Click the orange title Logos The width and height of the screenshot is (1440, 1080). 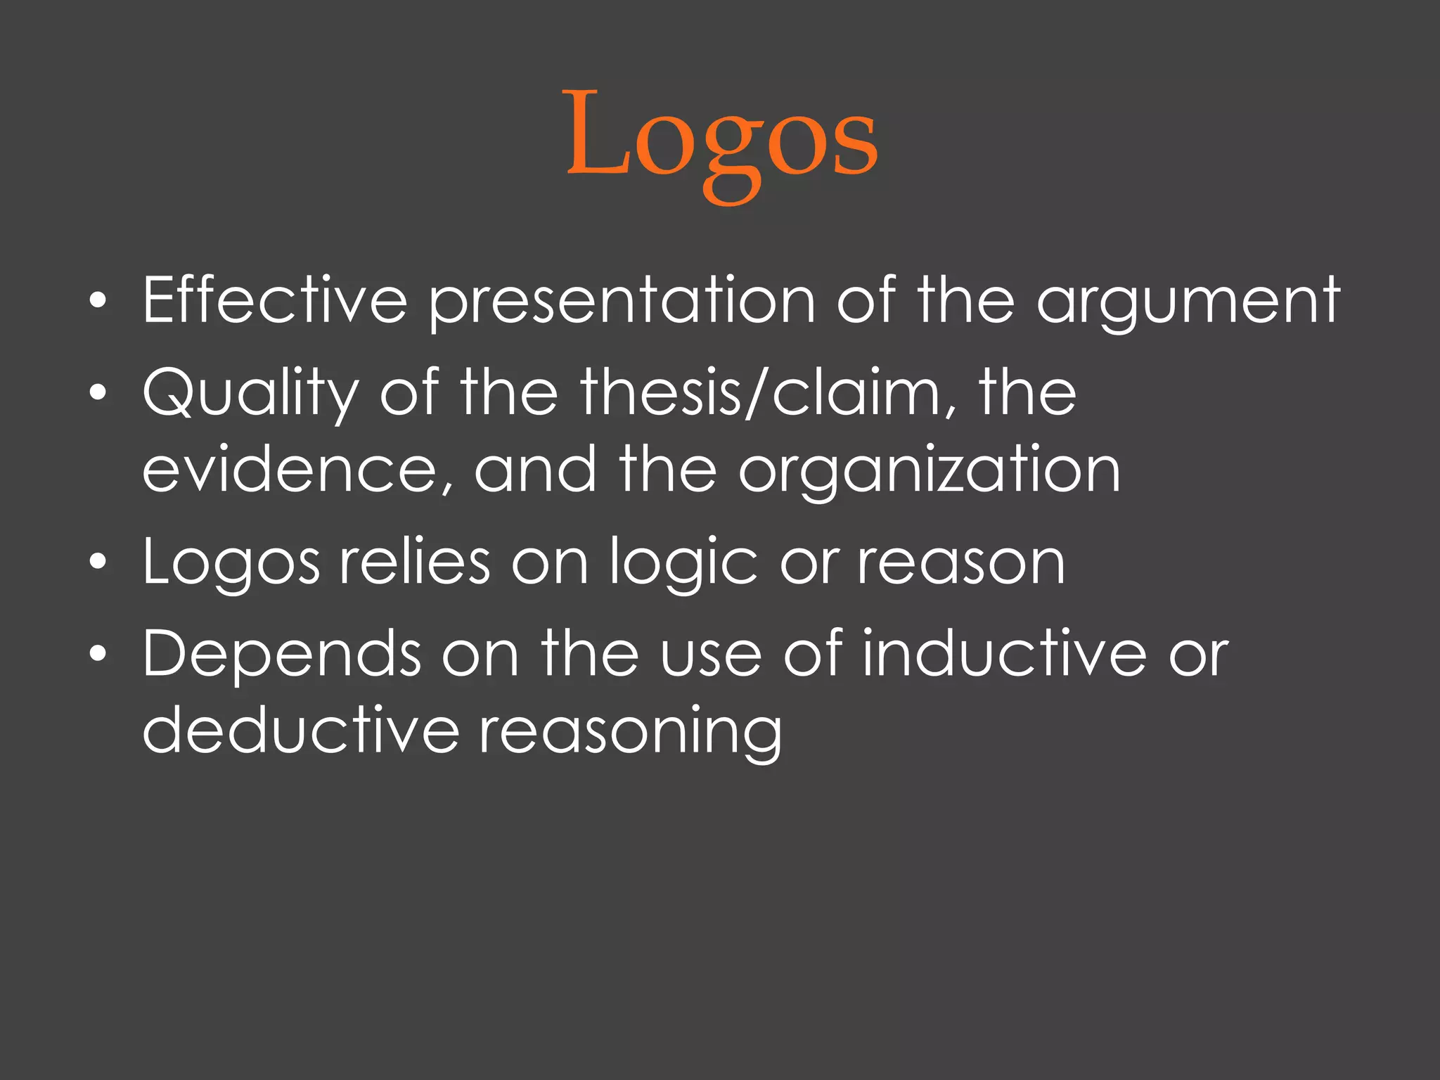tap(722, 137)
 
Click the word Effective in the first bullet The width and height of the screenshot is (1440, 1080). tap(275, 300)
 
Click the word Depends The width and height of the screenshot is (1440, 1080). tap(281, 654)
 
